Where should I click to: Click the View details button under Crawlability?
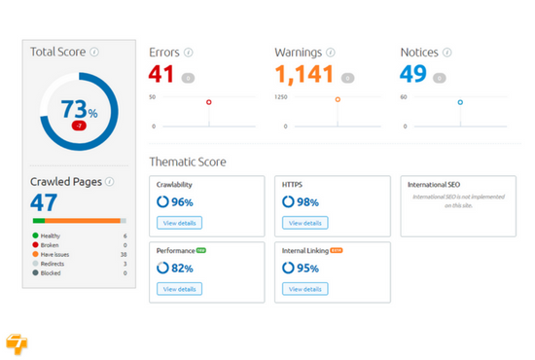(x=179, y=223)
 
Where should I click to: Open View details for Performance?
(x=179, y=289)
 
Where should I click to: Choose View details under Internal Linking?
(x=304, y=289)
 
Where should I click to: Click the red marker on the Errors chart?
(x=208, y=101)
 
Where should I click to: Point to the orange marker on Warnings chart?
(x=338, y=100)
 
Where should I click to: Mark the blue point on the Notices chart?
(x=460, y=101)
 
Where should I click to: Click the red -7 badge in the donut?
(x=77, y=126)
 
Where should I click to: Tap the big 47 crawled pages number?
(x=44, y=202)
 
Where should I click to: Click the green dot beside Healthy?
(x=36, y=235)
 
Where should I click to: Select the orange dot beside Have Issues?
(x=36, y=254)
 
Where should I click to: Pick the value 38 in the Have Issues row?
(x=123, y=254)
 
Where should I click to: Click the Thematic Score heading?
(x=187, y=162)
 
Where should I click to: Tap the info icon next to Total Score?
(x=94, y=52)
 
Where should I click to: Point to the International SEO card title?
(x=434, y=184)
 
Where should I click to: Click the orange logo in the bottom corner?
(x=17, y=342)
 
